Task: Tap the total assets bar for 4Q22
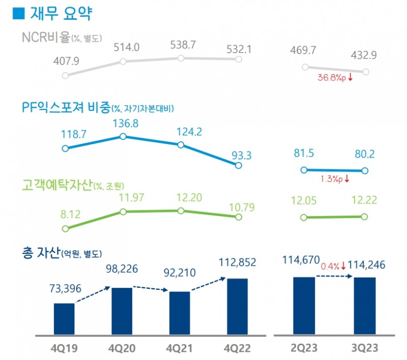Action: click(237, 307)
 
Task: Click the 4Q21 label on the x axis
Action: click(180, 349)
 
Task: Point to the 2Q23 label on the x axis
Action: click(304, 349)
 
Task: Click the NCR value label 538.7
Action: click(181, 45)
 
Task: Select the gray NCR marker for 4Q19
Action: click(65, 75)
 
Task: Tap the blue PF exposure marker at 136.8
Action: click(123, 136)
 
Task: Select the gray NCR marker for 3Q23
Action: click(366, 72)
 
